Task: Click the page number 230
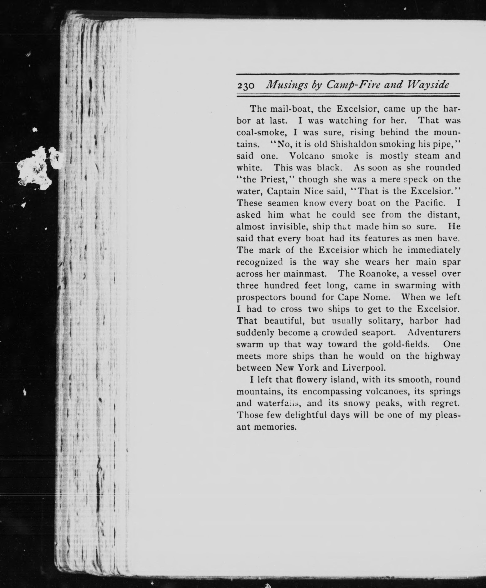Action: pos(246,86)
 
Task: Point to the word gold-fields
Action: pos(406,344)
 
